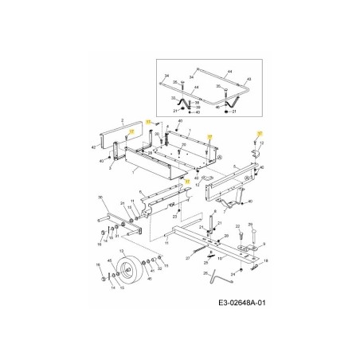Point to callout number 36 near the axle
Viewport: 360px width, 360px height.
click(100, 197)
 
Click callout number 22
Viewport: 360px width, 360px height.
click(239, 226)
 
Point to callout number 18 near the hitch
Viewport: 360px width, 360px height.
click(266, 261)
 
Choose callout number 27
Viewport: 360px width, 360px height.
click(188, 258)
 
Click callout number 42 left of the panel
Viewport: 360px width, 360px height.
click(94, 148)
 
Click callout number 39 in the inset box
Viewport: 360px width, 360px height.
click(198, 107)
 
